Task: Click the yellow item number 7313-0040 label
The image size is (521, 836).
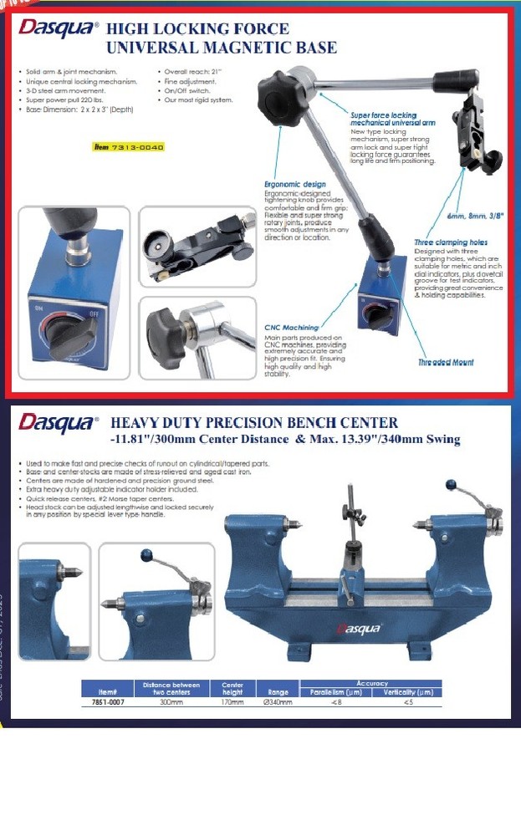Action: pyautogui.click(x=128, y=146)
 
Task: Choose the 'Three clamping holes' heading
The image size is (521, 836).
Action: pyautogui.click(x=451, y=242)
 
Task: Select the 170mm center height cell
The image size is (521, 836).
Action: pyautogui.click(x=227, y=702)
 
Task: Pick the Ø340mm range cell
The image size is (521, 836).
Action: pyautogui.click(x=276, y=702)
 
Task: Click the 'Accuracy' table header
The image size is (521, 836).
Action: pyautogui.click(x=371, y=684)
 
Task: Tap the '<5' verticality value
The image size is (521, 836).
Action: pyautogui.click(x=407, y=702)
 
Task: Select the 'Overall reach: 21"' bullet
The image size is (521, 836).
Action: pyautogui.click(x=192, y=73)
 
